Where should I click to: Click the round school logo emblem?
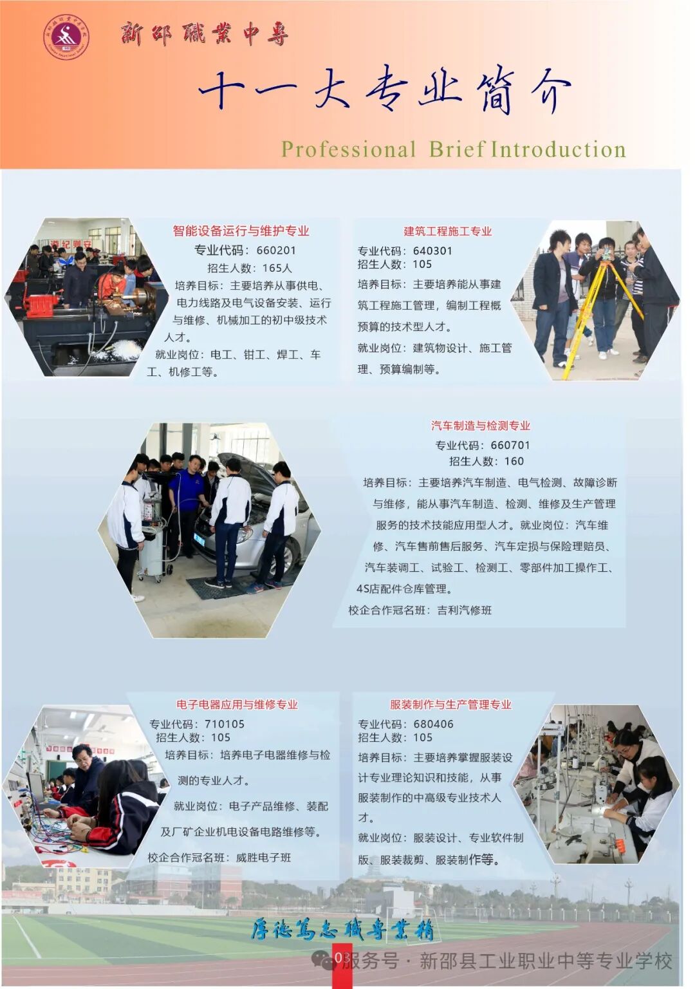tap(66, 37)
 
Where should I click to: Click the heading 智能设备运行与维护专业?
tap(241, 231)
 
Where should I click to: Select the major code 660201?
tap(276, 250)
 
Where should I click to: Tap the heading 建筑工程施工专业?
tap(448, 231)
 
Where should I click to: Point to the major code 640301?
tap(432, 250)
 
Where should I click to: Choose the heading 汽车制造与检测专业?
tap(481, 426)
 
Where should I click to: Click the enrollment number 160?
tap(514, 461)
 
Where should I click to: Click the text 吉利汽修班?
tap(465, 610)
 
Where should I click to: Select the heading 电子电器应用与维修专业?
tap(237, 704)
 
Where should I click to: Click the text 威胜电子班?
tap(264, 857)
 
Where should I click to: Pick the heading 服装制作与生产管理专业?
tap(450, 704)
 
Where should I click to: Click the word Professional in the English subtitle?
tap(348, 149)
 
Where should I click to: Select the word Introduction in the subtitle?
tap(559, 149)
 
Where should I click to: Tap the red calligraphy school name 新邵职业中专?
tap(204, 33)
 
